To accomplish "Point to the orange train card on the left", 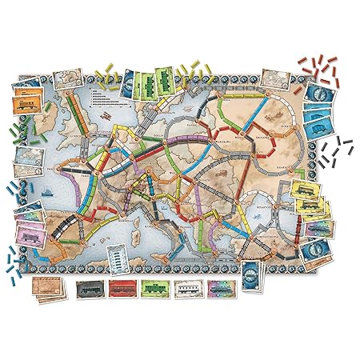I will point(23,107).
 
